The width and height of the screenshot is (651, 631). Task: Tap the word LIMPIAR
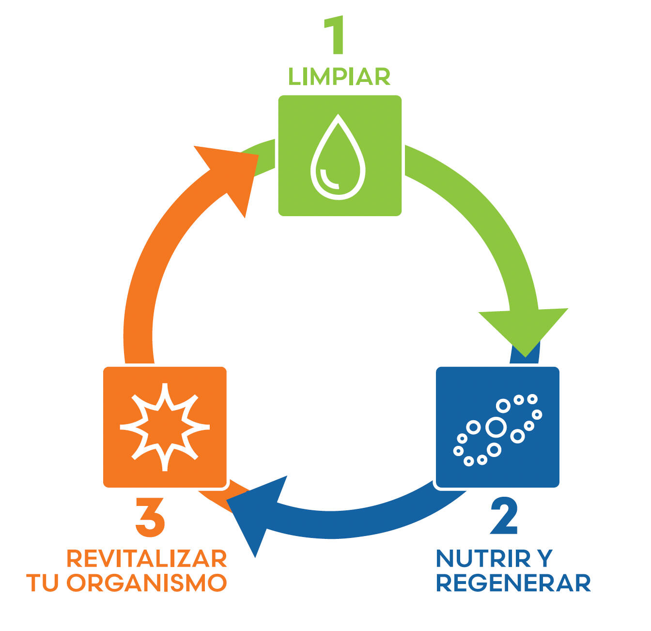pyautogui.click(x=339, y=77)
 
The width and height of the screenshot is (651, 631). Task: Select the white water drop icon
pyautogui.click(x=338, y=157)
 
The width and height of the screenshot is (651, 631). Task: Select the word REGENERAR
pyautogui.click(x=513, y=583)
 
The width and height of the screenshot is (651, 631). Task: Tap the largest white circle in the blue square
pyautogui.click(x=496, y=427)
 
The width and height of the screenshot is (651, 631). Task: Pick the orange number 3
pyautogui.click(x=150, y=517)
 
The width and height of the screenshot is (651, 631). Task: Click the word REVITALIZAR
pyautogui.click(x=146, y=559)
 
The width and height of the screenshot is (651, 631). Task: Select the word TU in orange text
pyautogui.click(x=43, y=583)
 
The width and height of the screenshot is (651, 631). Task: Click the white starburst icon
pyautogui.click(x=165, y=427)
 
